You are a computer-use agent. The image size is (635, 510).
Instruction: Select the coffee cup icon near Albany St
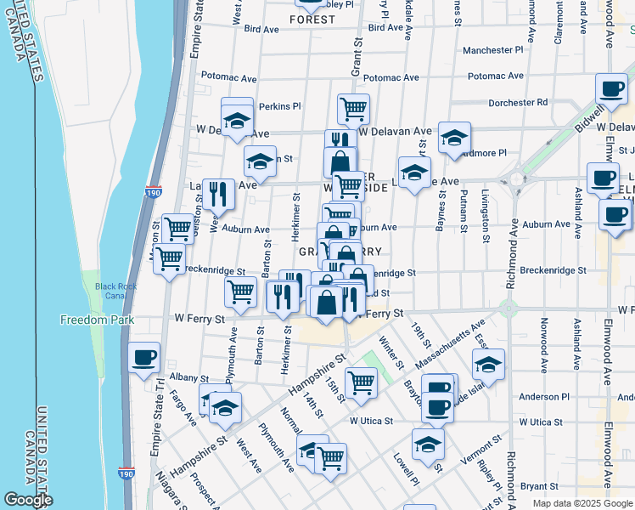coord(143,356)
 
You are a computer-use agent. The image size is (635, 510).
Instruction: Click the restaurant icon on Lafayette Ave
coord(219,194)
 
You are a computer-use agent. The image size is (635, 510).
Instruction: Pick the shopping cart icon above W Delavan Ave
coord(353,109)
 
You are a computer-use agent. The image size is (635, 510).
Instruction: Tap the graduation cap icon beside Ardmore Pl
coord(455,138)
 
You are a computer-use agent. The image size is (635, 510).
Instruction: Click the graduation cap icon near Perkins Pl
coord(237,119)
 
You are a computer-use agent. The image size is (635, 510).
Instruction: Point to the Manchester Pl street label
coord(497,50)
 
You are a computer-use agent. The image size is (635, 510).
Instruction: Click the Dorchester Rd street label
coord(518,102)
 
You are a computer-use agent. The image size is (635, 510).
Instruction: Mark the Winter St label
coord(391,353)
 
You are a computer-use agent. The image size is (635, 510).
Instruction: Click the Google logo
coord(28,500)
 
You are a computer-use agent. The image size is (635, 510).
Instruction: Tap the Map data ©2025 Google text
coord(582,503)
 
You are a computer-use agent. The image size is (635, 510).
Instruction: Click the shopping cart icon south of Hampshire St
coord(362,383)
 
